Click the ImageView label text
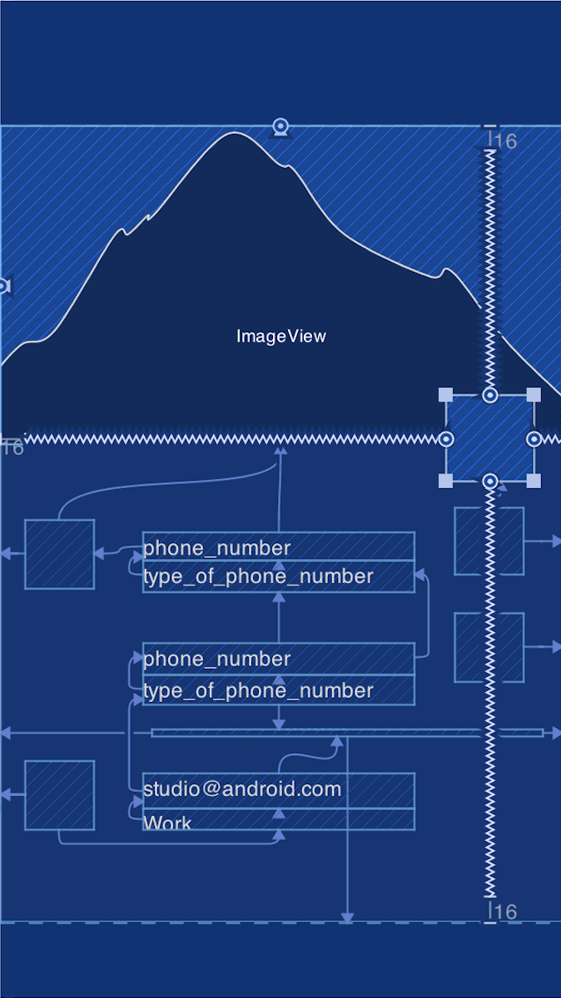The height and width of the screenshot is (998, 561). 281,336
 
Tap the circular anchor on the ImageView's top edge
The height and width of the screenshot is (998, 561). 281,126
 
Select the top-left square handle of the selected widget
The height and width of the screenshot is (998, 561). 446,395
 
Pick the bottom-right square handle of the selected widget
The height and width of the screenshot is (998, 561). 534,481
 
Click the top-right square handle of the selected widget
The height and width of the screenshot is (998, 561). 534,395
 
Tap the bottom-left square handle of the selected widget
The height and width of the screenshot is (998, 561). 446,481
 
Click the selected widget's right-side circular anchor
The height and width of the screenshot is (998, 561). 534,438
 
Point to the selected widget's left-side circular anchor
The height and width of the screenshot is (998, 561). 446,438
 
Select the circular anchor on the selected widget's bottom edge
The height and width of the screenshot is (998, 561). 490,481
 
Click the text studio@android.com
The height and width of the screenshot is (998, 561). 242,788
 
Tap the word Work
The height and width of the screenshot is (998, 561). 167,823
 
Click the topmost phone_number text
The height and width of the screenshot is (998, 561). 217,548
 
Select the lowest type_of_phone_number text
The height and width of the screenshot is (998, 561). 258,690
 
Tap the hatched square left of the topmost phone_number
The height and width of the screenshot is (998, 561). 59,554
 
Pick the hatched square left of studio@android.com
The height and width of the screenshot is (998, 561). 59,795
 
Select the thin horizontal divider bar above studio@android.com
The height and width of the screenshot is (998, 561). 347,733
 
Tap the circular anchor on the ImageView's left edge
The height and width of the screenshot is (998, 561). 2,286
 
